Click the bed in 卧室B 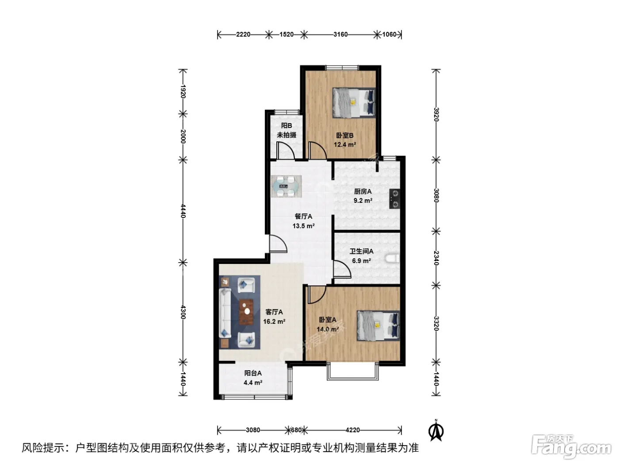(354, 102)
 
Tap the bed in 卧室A (378, 325)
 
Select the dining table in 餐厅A (286, 186)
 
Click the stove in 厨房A (394, 199)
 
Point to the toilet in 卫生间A (393, 258)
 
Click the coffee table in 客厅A (246, 312)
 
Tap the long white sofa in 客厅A (225, 313)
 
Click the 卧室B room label (344, 136)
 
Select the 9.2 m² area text (363, 201)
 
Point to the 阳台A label (253, 373)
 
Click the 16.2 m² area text (274, 322)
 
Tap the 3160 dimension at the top (340, 35)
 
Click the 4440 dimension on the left (183, 211)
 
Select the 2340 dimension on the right (436, 258)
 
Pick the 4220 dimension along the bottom (352, 430)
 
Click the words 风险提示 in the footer (43, 448)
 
